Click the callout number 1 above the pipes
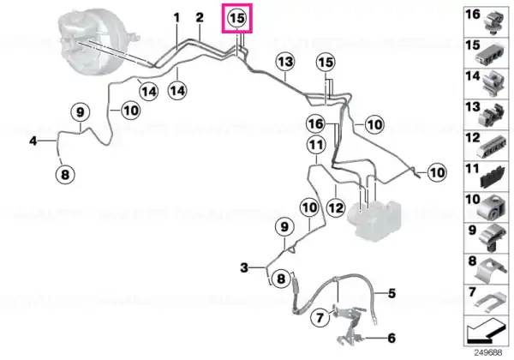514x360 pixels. coord(176,18)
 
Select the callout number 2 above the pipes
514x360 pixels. coord(200,18)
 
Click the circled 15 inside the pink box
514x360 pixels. coord(237,18)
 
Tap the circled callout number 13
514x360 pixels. coord(285,62)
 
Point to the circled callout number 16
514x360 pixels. coord(315,124)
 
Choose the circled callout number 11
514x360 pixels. coord(316,145)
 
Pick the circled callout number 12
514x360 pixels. coord(336,207)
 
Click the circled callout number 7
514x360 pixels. coord(320,317)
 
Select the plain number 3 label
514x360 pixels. coord(244,268)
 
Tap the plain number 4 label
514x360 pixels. coord(33,141)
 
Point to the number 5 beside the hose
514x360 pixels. coord(392,293)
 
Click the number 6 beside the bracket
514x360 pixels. coord(391,338)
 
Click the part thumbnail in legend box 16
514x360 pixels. coord(494,23)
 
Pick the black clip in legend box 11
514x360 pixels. coord(493,178)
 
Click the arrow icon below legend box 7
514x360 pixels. coord(485,330)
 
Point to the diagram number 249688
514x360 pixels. coord(488,353)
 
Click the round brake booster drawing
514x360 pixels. coord(96,43)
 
